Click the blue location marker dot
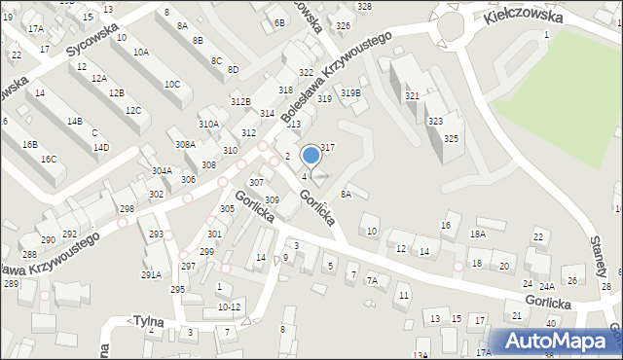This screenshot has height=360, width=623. click(x=311, y=155)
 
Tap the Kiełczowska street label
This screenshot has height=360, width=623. click(x=524, y=17)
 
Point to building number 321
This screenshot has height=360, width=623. click(x=412, y=96)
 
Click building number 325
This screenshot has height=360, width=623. click(x=451, y=139)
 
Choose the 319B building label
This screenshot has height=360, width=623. click(x=351, y=93)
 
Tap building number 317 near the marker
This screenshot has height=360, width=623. click(x=328, y=147)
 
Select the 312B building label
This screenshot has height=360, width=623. click(x=240, y=101)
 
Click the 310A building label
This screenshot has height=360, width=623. click(x=208, y=124)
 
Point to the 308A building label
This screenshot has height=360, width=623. click(x=185, y=144)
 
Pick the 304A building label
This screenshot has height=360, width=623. click(x=162, y=170)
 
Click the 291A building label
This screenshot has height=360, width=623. click(x=151, y=274)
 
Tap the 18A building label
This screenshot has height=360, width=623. click(x=477, y=234)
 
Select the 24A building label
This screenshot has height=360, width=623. click(x=547, y=286)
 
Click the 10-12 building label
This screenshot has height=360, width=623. click(x=229, y=306)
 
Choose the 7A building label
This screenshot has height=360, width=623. click(x=371, y=280)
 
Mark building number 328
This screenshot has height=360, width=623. click(x=364, y=7)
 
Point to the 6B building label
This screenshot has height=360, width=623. click(x=280, y=22)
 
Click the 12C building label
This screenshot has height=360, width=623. click(x=132, y=111)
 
